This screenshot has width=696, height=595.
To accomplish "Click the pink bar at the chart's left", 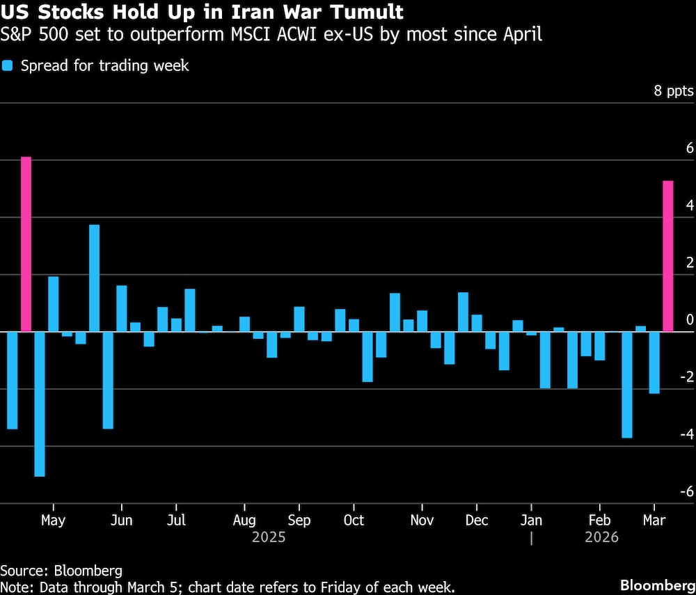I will click(26, 244).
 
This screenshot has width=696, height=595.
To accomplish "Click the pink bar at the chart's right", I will click(667, 256).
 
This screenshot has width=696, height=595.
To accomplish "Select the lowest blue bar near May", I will click(40, 404).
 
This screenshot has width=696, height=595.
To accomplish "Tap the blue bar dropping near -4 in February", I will click(627, 385).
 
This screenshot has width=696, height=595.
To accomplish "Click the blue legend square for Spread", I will click(7, 66).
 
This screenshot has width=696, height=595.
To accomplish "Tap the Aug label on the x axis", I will click(245, 521).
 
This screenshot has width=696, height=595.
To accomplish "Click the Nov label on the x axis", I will click(422, 521).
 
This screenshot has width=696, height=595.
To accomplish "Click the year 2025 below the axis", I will click(269, 537).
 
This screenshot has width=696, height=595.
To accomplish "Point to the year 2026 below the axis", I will click(601, 537).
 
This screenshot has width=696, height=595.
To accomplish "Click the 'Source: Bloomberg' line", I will click(61, 571).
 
